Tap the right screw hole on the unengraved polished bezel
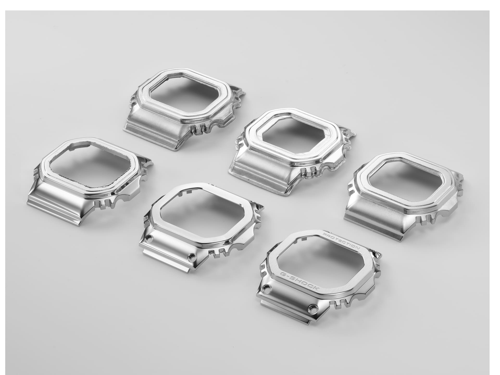click(192, 256)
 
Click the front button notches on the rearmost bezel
click(198, 129)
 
